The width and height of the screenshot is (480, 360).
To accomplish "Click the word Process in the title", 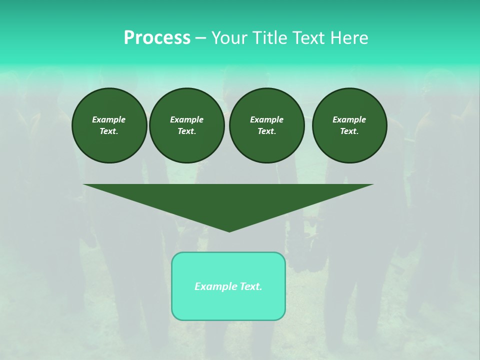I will pyautogui.click(x=157, y=38).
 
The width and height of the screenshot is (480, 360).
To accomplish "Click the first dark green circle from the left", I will pyautogui.click(x=109, y=125).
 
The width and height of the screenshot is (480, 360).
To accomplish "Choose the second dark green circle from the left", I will pyautogui.click(x=187, y=125).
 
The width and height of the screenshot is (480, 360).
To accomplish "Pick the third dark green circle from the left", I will pyautogui.click(x=267, y=125).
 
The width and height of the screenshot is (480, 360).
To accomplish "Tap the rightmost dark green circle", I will pyautogui.click(x=349, y=125).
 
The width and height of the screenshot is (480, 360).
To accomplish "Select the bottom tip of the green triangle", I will pyautogui.click(x=229, y=230).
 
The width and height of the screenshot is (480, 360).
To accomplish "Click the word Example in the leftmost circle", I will pyautogui.click(x=109, y=119).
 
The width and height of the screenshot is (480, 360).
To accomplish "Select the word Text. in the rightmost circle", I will pyautogui.click(x=349, y=131).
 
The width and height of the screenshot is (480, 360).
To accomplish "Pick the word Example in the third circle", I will pyautogui.click(x=267, y=119).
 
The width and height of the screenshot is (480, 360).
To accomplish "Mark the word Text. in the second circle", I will pyautogui.click(x=187, y=131).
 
